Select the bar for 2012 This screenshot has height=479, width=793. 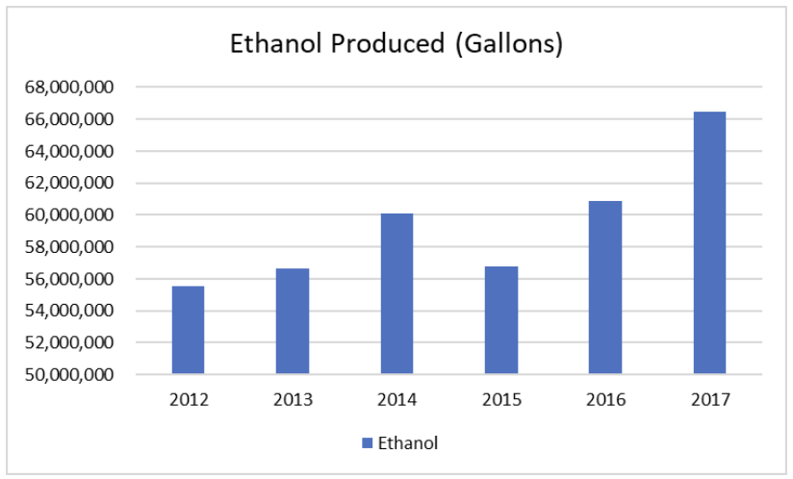(188, 330)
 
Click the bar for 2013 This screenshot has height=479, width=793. (293, 321)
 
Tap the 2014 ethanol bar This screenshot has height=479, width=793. (397, 293)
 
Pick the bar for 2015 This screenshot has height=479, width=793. (501, 320)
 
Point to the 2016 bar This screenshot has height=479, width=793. (605, 288)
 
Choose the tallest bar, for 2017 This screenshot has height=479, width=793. (709, 242)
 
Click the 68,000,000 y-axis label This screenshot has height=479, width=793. (69, 87)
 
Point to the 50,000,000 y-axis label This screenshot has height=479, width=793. (69, 374)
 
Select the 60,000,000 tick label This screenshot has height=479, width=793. (69, 214)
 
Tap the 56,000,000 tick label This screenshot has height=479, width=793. (69, 279)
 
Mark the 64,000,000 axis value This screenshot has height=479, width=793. (69, 151)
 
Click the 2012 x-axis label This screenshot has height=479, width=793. (189, 400)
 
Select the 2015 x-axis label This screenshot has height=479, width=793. (501, 400)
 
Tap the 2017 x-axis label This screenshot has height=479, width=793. (710, 400)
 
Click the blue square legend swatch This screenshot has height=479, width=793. (368, 443)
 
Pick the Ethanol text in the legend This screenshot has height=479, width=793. (408, 443)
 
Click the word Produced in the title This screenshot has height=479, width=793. (388, 43)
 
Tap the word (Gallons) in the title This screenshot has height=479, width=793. (509, 44)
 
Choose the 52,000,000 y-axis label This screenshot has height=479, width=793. (69, 342)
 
